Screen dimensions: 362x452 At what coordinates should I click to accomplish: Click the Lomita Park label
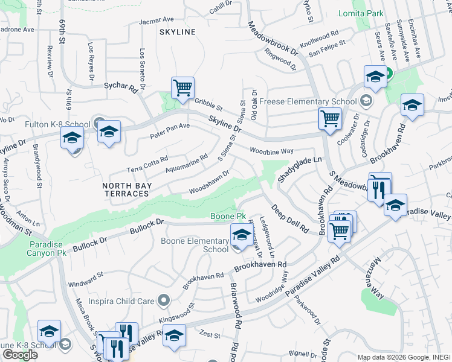(369, 13)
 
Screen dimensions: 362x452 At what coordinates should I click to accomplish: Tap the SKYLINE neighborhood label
(178, 31)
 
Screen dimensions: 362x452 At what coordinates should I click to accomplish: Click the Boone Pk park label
(228, 216)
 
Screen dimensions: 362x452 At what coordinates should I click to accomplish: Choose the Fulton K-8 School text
(49, 125)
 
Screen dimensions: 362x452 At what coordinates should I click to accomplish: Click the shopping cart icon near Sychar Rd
(182, 88)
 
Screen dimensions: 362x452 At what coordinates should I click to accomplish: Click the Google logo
(20, 355)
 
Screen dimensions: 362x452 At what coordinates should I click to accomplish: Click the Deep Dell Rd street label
(289, 218)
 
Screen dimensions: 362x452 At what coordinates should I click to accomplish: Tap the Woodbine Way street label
(272, 150)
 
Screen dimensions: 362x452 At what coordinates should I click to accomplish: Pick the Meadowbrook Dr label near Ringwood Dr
(273, 39)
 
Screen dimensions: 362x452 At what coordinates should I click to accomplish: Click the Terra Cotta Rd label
(147, 162)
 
